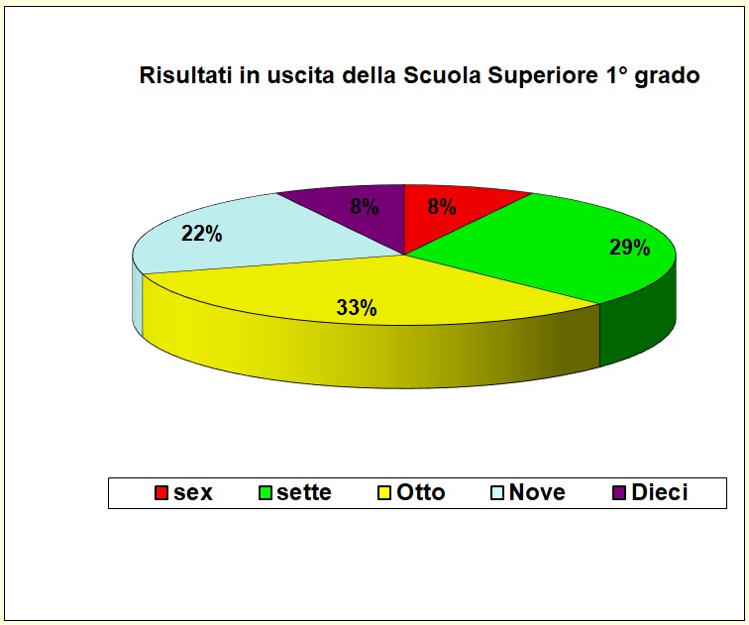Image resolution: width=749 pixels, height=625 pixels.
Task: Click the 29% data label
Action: pyautogui.click(x=630, y=249)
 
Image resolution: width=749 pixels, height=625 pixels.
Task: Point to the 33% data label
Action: pyautogui.click(x=357, y=308)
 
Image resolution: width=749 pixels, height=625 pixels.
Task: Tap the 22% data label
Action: pyautogui.click(x=202, y=235)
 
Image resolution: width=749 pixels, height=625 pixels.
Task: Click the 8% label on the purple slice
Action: pyautogui.click(x=364, y=208)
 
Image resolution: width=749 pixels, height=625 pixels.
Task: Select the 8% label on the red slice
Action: pyautogui.click(x=441, y=208)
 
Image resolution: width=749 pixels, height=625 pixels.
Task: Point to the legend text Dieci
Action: pyautogui.click(x=659, y=492)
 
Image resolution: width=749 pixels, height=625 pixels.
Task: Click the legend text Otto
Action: pyautogui.click(x=421, y=492)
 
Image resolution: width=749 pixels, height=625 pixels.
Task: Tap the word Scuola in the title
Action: pyautogui.click(x=442, y=76)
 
